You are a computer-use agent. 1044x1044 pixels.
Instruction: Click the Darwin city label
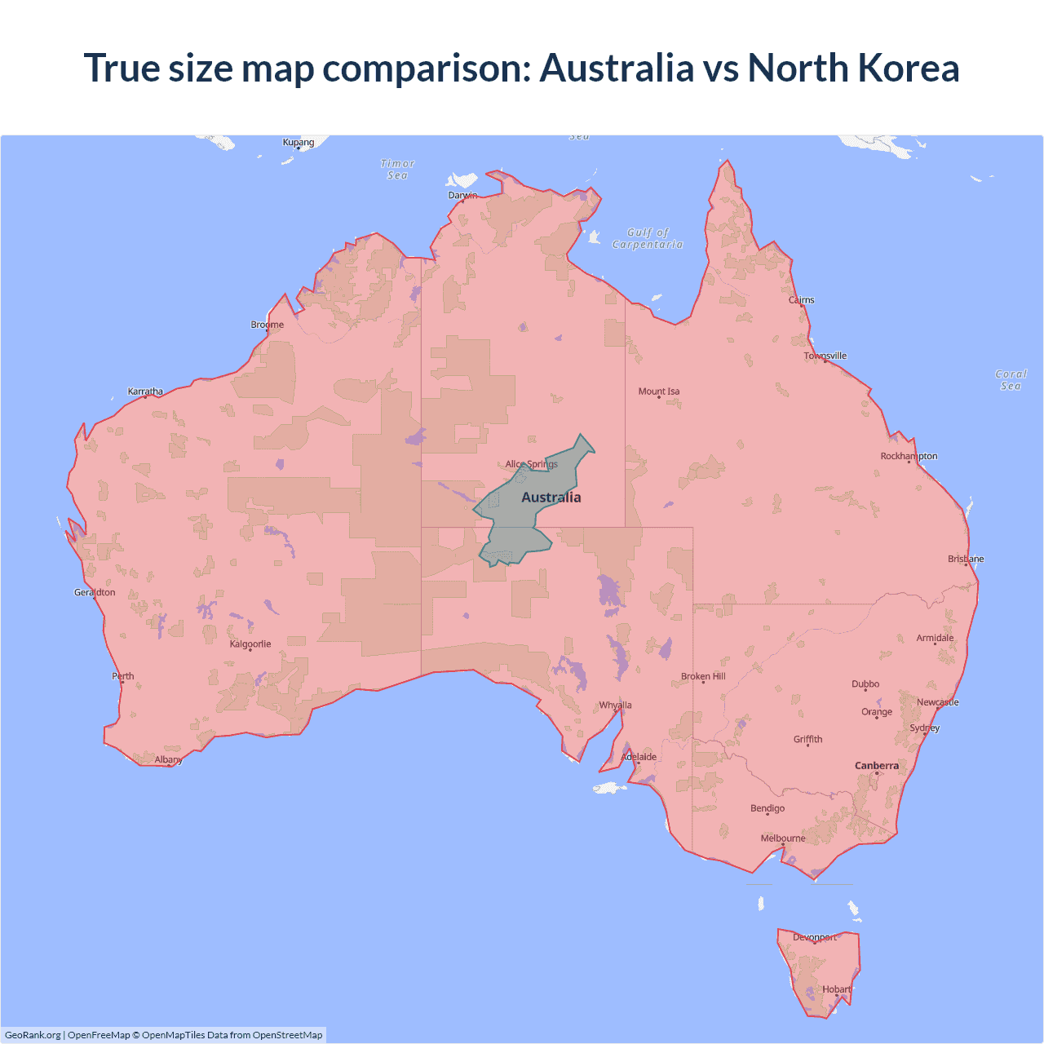[x=462, y=195]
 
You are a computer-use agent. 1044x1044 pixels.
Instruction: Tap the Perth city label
[x=123, y=676]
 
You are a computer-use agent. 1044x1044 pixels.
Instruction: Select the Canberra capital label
[x=877, y=765]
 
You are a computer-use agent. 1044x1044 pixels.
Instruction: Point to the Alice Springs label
[x=531, y=464]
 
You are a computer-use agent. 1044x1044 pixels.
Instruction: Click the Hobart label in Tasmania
[x=837, y=989]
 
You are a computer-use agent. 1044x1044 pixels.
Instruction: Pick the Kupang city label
[x=299, y=142]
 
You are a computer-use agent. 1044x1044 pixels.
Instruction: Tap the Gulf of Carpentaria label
[x=648, y=238]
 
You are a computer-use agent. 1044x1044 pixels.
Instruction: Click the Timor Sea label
[x=398, y=169]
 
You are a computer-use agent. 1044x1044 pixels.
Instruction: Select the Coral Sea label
[x=1011, y=380]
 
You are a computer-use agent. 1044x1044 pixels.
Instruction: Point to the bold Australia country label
[x=551, y=498]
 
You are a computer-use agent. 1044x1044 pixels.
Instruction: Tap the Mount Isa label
[x=659, y=391]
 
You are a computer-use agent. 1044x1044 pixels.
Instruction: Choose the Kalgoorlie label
[x=250, y=644]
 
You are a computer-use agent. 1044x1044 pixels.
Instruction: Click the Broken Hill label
[x=703, y=676]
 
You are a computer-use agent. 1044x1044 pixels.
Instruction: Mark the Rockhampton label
[x=909, y=456]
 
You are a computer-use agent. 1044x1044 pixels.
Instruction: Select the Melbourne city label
[x=783, y=838]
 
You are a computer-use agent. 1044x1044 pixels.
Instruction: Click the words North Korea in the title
[x=853, y=68]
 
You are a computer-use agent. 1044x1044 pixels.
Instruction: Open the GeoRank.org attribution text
[x=33, y=1035]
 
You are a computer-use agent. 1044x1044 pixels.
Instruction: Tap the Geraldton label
[x=95, y=592]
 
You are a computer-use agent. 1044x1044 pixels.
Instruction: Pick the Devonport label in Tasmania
[x=815, y=937]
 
